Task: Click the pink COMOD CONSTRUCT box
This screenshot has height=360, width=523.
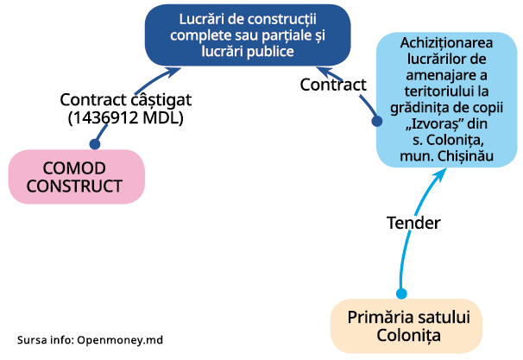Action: (76, 177)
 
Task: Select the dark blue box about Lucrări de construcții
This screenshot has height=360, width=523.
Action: (246, 35)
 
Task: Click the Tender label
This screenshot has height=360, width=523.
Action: (413, 223)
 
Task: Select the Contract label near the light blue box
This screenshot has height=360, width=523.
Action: (333, 85)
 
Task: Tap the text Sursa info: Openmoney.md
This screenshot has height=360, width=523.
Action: (90, 340)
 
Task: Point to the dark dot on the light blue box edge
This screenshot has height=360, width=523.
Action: (377, 122)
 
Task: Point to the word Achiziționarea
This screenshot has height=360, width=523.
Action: (446, 41)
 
